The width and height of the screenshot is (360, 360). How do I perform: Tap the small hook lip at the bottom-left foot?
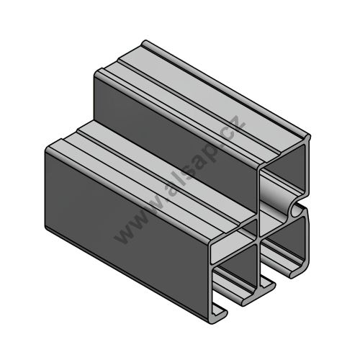(219, 315)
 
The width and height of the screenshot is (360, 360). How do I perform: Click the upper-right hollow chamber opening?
(287, 168)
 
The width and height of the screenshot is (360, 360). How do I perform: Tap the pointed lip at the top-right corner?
(308, 138)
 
